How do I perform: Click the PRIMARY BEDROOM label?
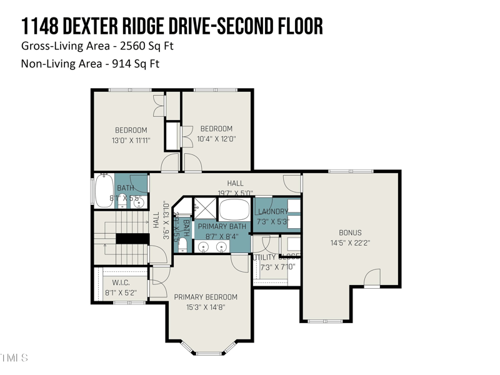click(206, 297)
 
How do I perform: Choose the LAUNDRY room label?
click(273, 212)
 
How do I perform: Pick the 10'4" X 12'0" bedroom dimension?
click(216, 139)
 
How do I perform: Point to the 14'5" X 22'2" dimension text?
click(350, 243)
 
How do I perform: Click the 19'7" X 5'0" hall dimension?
click(235, 192)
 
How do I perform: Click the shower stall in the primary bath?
click(202, 207)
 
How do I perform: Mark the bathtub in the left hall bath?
click(103, 191)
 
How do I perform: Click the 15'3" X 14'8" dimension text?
click(206, 307)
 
